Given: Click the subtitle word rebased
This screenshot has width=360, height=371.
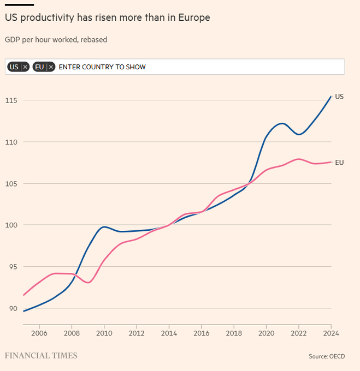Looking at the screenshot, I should point(93,40).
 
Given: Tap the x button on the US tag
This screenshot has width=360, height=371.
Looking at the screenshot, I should point(25,67).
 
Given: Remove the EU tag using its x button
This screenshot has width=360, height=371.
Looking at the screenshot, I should point(51,67).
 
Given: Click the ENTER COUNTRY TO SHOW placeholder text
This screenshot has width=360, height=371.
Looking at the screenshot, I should point(102,67).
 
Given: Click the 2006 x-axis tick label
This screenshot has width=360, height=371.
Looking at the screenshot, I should point(39,333).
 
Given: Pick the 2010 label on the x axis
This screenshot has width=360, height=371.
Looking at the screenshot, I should point(104,333).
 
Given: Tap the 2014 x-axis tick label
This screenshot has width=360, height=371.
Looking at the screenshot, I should point(169,333).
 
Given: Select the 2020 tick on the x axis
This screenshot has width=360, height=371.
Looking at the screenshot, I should point(266,333).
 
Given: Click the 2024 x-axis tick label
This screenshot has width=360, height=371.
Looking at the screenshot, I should point(331,333).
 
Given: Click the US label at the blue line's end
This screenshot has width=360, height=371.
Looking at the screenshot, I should point(339,97).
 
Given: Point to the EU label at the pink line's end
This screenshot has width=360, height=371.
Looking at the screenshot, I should point(339,162).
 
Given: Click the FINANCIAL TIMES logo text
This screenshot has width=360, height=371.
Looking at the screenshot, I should point(41,356).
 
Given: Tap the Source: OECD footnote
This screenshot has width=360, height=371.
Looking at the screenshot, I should point(326,356).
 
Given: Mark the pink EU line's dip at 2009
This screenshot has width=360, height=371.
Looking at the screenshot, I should point(89,282).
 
